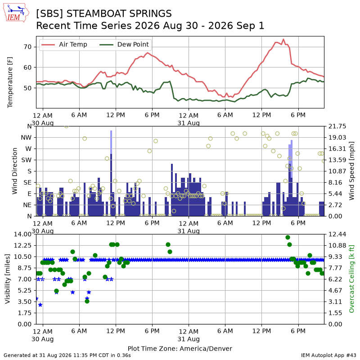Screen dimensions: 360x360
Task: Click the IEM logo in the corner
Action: [16, 13]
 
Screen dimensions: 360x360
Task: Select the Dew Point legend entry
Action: [124, 44]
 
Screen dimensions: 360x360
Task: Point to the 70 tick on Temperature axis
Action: [27, 47]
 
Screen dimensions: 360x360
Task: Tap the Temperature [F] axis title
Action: [10, 82]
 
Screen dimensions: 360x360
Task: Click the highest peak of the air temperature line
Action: [283, 39]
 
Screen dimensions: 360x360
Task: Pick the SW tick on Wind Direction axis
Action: [27, 160]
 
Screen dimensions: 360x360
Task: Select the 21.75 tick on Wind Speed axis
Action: [337, 126]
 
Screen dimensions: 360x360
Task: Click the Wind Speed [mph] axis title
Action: [351, 171]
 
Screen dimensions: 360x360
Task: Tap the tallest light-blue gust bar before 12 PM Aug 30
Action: [111, 142]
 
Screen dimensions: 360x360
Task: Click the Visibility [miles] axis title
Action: [8, 279]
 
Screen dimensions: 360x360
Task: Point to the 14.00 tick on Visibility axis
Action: [22, 234]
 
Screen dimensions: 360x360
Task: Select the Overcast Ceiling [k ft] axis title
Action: [351, 279]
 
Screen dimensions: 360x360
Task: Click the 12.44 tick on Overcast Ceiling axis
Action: [337, 234]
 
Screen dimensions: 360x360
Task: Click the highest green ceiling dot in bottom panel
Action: [288, 238]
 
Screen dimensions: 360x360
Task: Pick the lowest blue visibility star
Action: [40, 305]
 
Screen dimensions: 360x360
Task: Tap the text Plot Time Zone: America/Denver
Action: [180, 348]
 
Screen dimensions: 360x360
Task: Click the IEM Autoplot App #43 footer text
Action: [328, 355]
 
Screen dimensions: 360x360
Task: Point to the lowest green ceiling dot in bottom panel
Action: [87, 301]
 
